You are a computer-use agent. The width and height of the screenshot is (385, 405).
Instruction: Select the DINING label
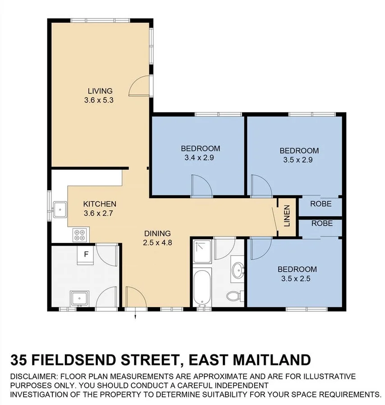coord(157,233)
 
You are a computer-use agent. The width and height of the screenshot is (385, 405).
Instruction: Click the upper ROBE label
coord(321,204)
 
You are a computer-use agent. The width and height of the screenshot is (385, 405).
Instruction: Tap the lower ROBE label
coord(322,223)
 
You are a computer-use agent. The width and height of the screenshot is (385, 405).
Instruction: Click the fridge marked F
coord(86,255)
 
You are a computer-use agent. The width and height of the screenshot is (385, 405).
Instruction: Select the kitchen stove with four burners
coord(79,234)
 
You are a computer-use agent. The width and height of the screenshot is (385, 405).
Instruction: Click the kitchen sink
coord(60,209)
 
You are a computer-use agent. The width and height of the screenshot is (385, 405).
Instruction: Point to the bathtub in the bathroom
coord(201,287)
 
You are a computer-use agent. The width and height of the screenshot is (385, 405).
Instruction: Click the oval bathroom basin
coord(237,271)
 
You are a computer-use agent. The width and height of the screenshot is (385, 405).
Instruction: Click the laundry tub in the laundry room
coord(79,298)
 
